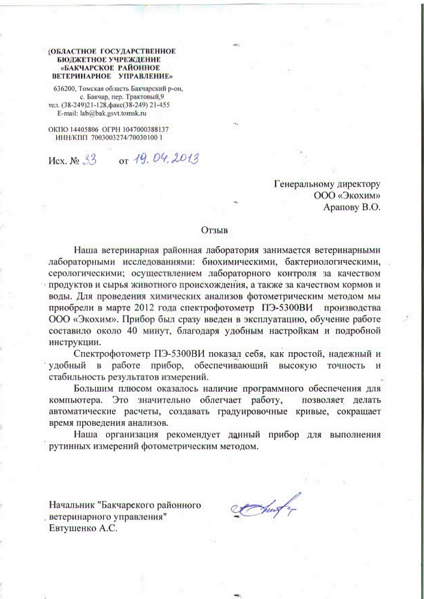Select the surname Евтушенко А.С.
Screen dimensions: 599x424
pyautogui.click(x=84, y=529)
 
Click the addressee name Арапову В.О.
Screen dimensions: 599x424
pyautogui.click(x=352, y=207)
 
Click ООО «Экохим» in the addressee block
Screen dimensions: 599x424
pyautogui.click(x=347, y=195)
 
